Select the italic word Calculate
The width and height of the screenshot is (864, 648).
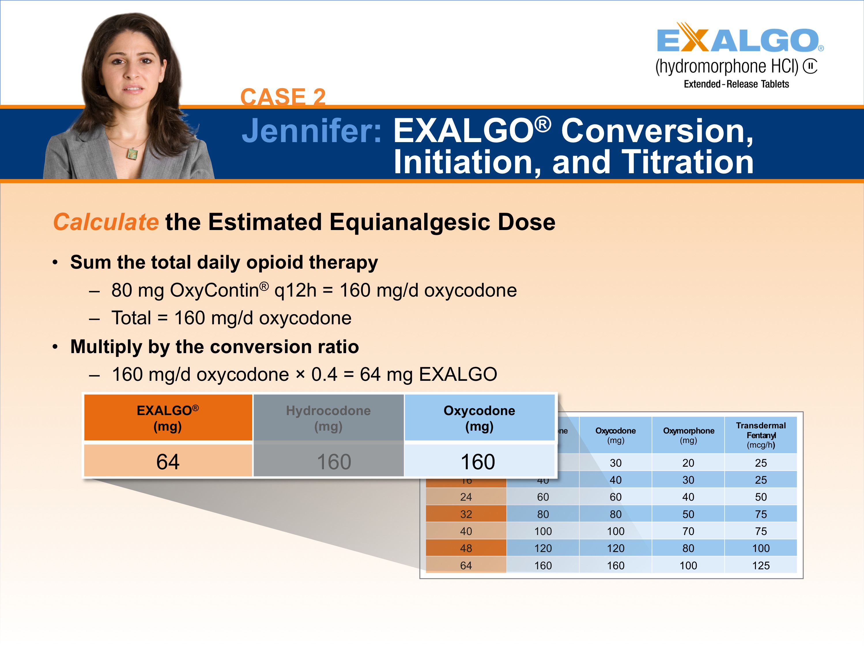pos(106,222)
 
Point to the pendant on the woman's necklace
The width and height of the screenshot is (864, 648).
pos(132,154)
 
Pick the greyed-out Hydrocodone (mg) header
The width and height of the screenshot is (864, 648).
pos(328,418)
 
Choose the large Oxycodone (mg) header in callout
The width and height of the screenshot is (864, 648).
pos(479,418)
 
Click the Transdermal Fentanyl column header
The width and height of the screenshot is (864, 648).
pos(761,435)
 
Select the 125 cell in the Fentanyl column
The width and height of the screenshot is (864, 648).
pos(761,565)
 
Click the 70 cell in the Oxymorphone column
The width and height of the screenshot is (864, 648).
pos(688,531)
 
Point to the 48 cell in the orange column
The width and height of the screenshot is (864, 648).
pos(466,548)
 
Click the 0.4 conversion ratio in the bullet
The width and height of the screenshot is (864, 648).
pos(324,374)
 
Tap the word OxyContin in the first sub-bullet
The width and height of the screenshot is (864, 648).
pos(214,291)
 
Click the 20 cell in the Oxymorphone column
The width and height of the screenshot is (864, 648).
pos(688,463)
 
